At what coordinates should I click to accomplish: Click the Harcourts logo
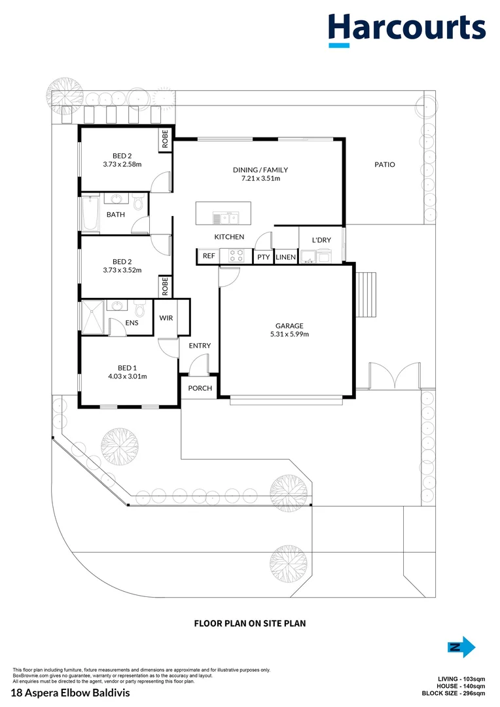tap(406, 29)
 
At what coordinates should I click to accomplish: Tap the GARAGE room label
tap(289, 325)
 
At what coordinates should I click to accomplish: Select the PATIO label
tap(384, 165)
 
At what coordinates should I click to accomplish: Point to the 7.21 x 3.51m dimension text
tap(260, 178)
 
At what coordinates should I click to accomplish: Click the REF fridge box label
tap(209, 256)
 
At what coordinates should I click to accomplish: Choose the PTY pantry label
tap(263, 257)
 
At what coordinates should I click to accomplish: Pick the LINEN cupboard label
tap(286, 257)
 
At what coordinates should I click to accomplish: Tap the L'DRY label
tap(321, 240)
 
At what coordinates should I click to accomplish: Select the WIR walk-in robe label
tap(166, 318)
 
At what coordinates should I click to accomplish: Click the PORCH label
tap(200, 388)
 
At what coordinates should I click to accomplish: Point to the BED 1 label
tap(128, 367)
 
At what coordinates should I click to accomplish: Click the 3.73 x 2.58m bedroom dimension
tap(122, 164)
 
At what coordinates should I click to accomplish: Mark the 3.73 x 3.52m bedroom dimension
tap(122, 270)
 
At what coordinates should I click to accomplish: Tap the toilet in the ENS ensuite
tap(139, 307)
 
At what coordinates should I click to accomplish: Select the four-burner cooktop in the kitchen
tap(236, 255)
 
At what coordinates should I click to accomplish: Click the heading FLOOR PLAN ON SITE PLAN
tap(250, 624)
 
